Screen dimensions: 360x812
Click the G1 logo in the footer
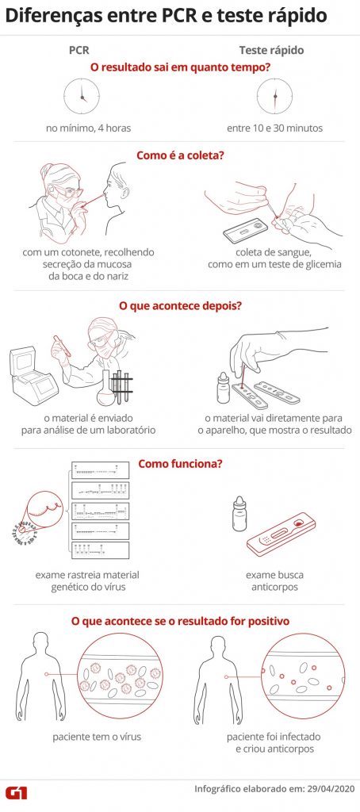click(16, 792)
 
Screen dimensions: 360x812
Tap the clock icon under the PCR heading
click(82, 97)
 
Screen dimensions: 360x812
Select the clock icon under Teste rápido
click(274, 96)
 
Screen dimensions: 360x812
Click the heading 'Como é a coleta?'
click(180, 155)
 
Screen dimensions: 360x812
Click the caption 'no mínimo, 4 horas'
click(88, 128)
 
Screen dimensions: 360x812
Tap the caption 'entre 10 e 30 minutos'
click(274, 128)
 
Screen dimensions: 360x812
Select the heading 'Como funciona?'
click(180, 463)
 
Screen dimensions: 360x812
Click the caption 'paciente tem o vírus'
click(97, 737)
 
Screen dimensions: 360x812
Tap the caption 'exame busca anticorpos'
click(274, 581)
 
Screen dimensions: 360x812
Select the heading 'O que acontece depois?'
click(180, 305)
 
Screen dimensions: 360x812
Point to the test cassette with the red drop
click(280, 534)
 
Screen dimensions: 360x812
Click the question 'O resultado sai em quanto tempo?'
click(180, 67)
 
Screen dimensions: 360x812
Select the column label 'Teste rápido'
click(271, 50)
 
